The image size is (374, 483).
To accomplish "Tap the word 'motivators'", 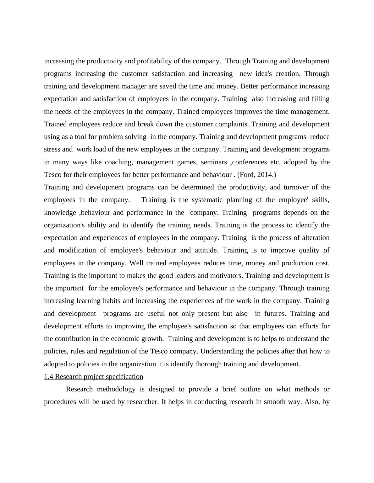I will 226,276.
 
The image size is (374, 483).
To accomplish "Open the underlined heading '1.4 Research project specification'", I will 94,377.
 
